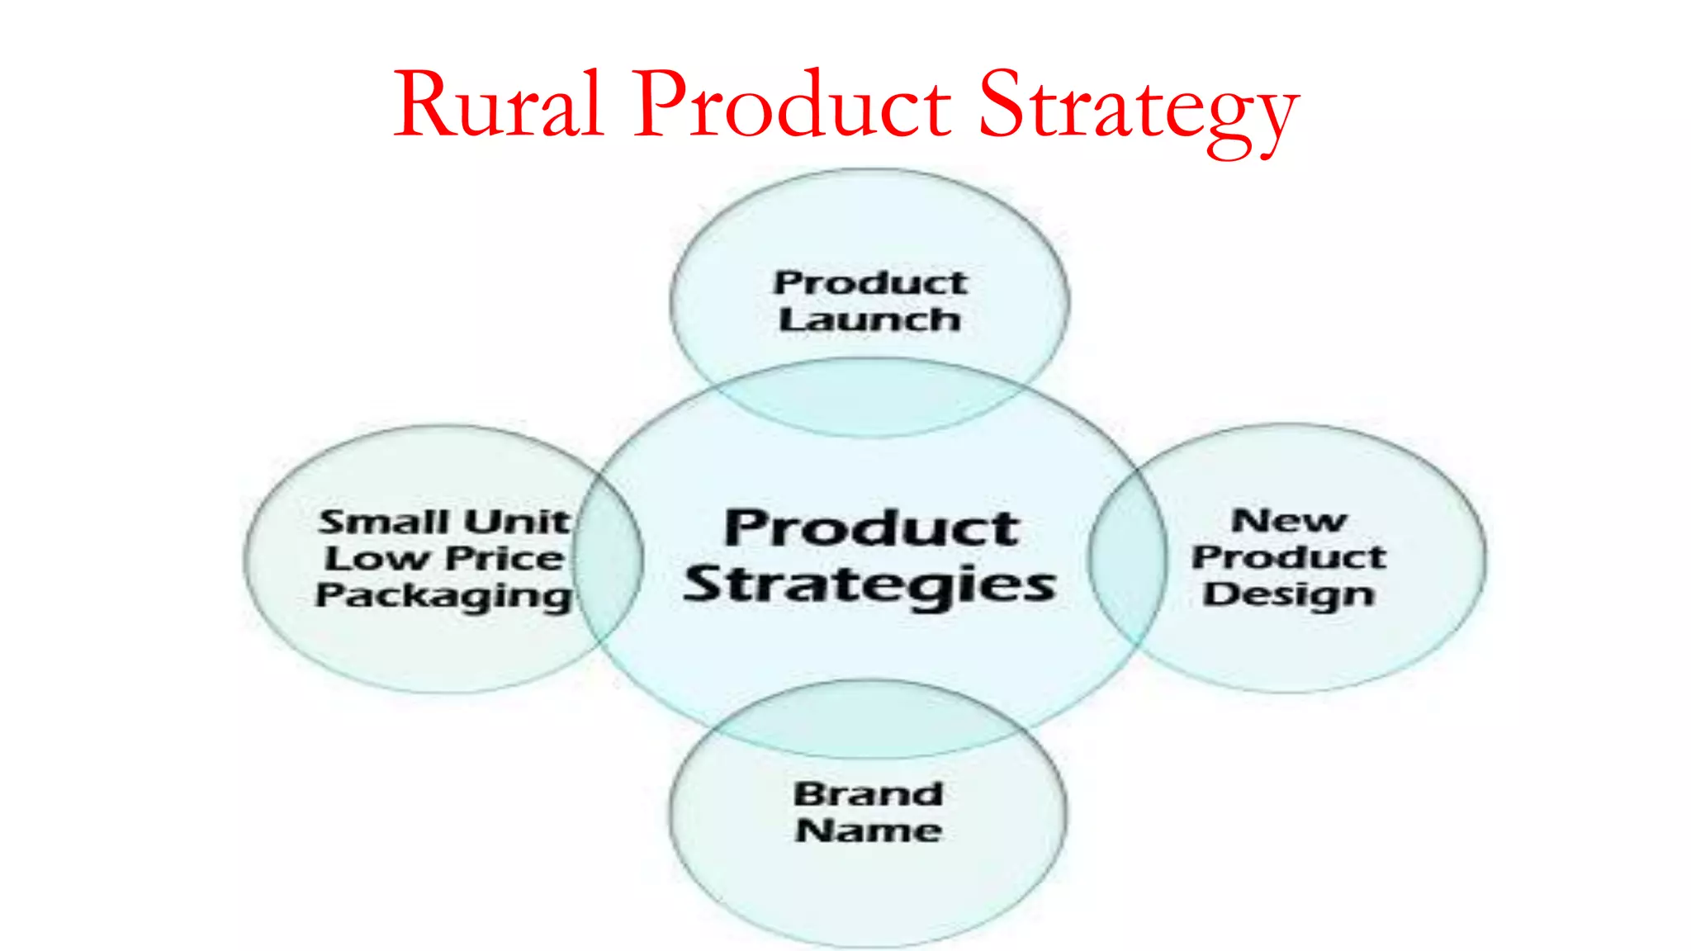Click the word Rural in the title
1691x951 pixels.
tap(498, 106)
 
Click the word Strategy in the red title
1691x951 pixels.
tap(1138, 109)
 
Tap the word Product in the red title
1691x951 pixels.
tap(793, 106)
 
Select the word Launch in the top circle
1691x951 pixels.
tap(869, 319)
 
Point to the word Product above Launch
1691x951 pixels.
tap(870, 283)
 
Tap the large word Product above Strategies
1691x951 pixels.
tap(872, 528)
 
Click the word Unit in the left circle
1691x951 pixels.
tap(517, 522)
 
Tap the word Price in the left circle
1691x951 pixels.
tap(504, 559)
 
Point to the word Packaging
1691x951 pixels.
tap(443, 596)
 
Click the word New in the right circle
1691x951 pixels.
tap(1289, 521)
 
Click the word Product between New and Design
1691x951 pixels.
tap(1289, 557)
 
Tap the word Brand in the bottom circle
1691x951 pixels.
tap(869, 794)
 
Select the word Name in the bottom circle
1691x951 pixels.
tap(869, 830)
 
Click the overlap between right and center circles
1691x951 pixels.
tap(1128, 558)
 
